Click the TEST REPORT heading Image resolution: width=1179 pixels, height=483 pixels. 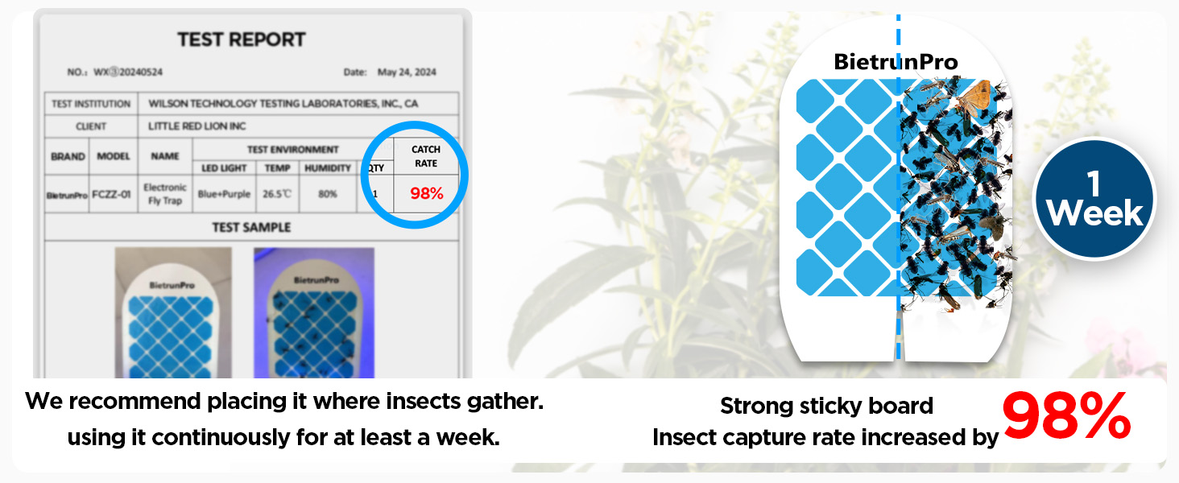click(242, 39)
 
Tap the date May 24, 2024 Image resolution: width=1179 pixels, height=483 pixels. click(407, 72)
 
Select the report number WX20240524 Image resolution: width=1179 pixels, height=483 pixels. click(128, 72)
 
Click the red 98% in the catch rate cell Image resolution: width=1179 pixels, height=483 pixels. click(426, 194)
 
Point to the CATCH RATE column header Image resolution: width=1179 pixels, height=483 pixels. click(426, 156)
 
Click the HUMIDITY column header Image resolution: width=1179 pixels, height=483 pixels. click(328, 168)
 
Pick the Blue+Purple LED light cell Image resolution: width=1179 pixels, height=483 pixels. click(223, 194)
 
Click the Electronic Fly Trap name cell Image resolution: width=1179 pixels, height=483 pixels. click(165, 194)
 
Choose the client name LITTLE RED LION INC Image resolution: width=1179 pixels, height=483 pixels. click(197, 126)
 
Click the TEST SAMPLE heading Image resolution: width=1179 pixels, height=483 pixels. click(251, 228)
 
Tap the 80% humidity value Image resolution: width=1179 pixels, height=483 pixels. click(328, 194)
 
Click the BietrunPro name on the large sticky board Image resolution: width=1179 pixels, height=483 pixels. click(896, 62)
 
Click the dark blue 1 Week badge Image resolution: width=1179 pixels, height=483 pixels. click(1094, 200)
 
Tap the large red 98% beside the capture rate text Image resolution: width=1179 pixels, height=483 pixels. click(1066, 417)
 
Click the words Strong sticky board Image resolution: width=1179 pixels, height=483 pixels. click(826, 406)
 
